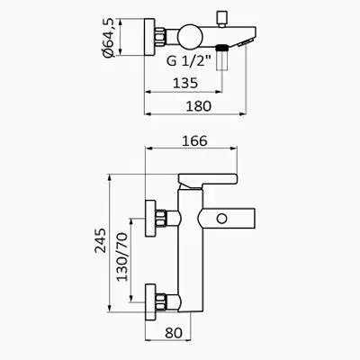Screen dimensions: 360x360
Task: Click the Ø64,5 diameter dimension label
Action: tap(108, 38)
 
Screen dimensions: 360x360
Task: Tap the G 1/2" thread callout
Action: tap(189, 61)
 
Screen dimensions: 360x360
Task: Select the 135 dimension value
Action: tap(185, 83)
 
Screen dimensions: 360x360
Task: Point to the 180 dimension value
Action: tap(199, 106)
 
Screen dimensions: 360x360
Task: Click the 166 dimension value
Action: tap(194, 140)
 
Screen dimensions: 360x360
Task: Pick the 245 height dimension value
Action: tap(101, 240)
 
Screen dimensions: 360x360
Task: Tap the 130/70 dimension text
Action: tap(122, 256)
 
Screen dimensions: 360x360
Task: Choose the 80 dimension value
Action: tap(174, 333)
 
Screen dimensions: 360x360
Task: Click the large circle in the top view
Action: tap(190, 37)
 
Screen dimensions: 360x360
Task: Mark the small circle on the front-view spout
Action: tap(222, 219)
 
